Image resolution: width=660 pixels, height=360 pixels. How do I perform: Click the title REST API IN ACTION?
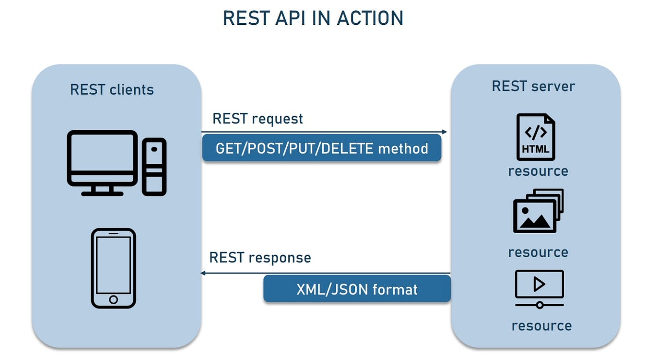pos(313,18)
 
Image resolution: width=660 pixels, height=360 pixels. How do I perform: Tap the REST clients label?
pos(112,90)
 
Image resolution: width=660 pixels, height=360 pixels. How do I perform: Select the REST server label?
pos(533,86)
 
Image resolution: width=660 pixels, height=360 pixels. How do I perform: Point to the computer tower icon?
pos(154,167)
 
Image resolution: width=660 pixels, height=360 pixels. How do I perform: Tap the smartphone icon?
pos(113,268)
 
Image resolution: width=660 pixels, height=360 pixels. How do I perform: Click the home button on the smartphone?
pos(113,299)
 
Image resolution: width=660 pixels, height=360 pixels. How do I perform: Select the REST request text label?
pos(258,119)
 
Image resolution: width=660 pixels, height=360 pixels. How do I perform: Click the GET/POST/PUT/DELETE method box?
pos(322,148)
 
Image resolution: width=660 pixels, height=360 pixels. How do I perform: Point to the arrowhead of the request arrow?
pos(444,132)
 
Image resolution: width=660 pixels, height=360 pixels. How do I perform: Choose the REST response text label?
pos(260,257)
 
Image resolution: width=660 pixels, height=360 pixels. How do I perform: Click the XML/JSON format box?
pos(357,290)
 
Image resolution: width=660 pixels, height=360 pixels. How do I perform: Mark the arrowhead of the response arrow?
pos(203,273)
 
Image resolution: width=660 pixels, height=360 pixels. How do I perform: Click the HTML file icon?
pos(536,137)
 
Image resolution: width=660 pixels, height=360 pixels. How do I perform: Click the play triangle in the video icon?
pos(539,284)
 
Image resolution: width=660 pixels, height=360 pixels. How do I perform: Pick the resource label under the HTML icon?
pos(538,171)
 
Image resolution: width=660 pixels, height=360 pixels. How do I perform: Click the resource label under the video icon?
pos(541,326)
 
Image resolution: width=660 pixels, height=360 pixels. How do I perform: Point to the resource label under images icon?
pos(538,253)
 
